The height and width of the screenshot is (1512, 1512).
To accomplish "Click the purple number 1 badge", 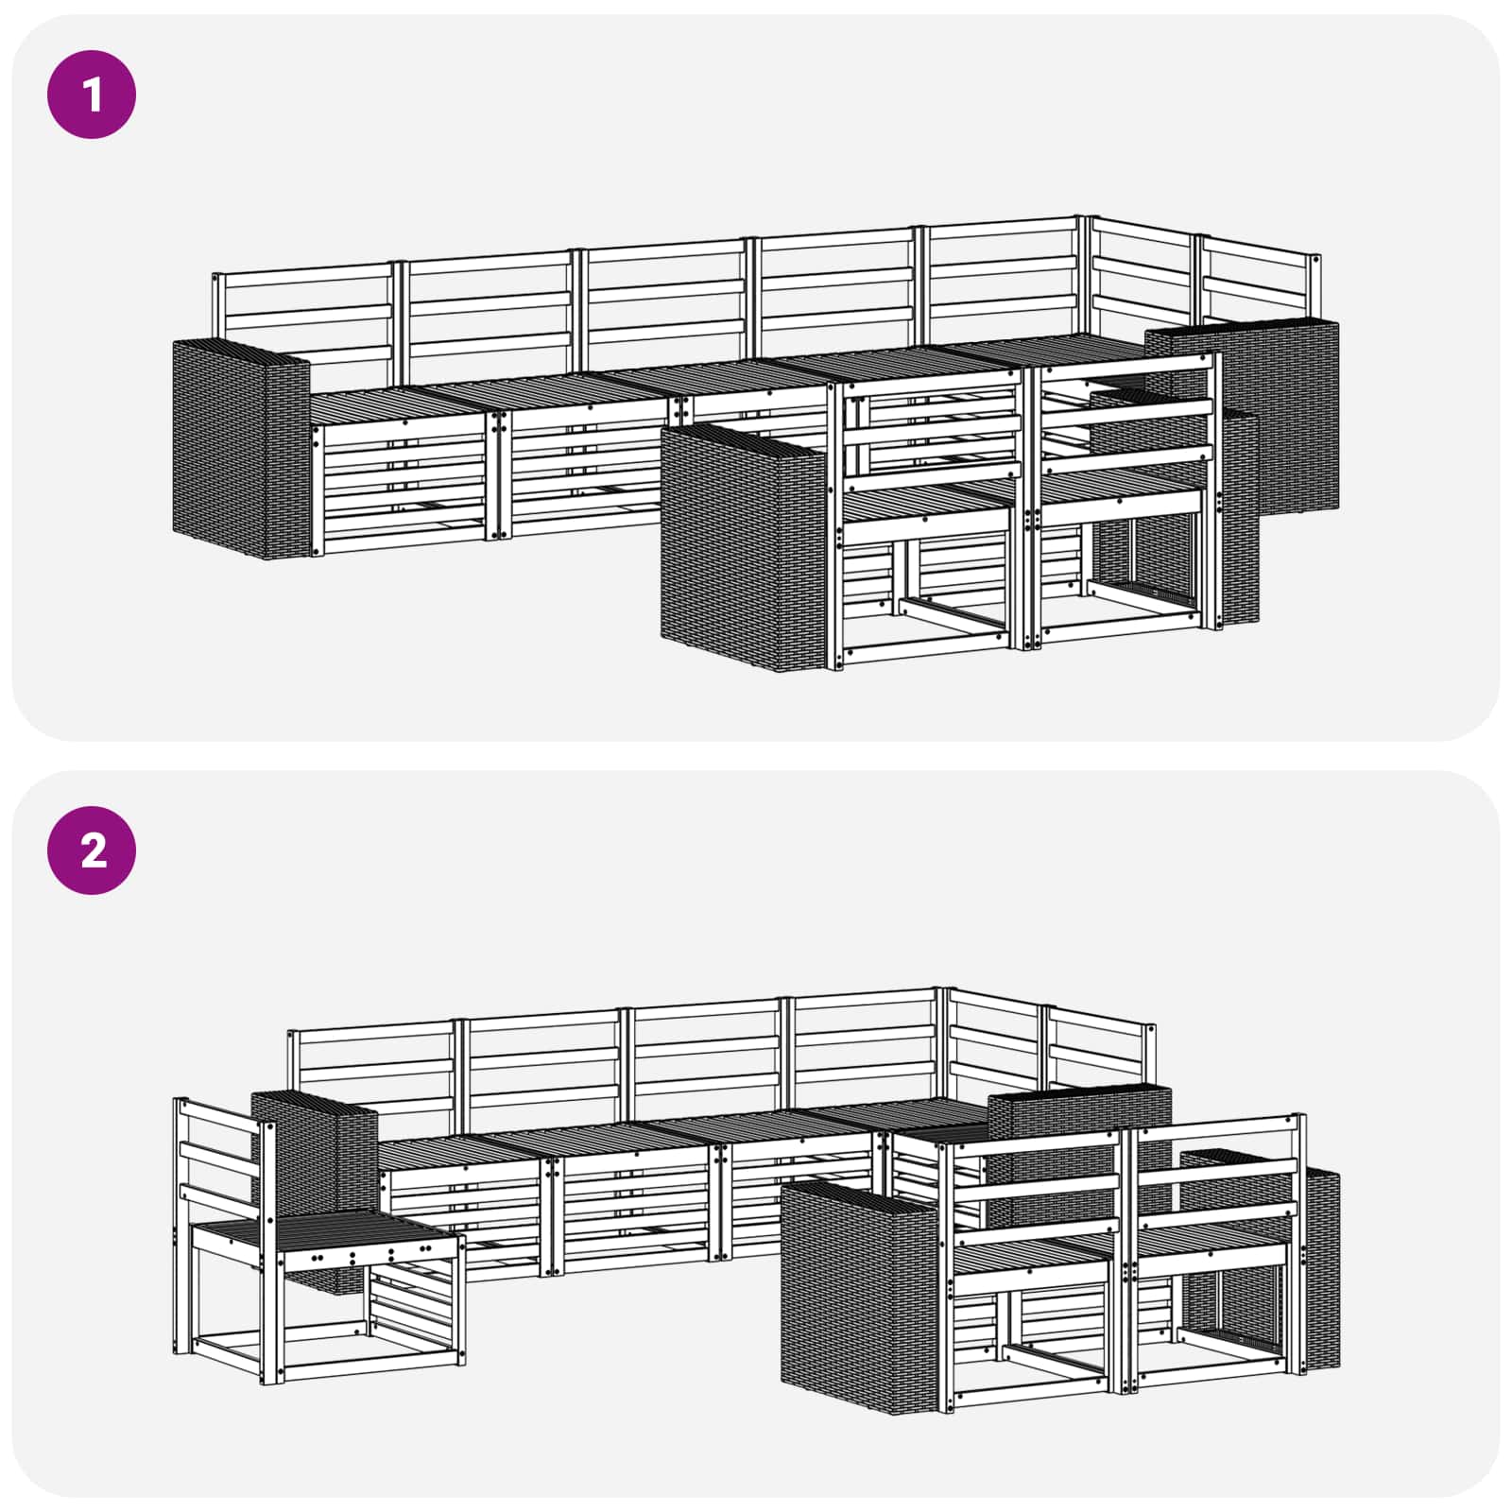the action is coord(92,94).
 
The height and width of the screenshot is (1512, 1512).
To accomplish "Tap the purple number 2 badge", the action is coord(92,850).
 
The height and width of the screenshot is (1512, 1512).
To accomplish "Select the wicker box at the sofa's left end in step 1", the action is coord(241,449).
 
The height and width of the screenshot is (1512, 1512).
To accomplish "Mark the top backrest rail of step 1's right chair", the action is coord(1125,368).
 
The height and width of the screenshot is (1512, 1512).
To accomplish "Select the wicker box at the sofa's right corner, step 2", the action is coord(1077,1129).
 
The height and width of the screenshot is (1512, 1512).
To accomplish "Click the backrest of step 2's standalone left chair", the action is coord(222,1172).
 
